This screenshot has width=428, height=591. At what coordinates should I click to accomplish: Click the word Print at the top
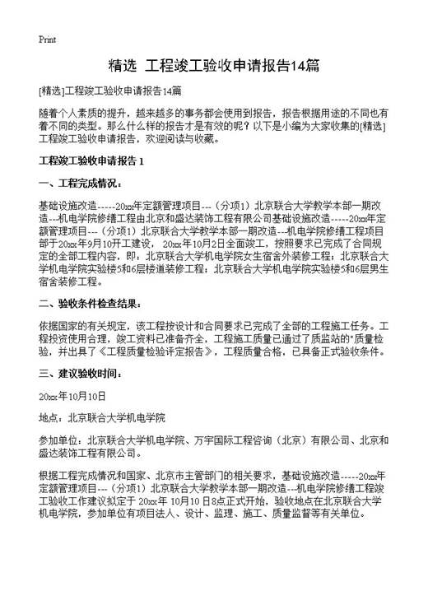48,39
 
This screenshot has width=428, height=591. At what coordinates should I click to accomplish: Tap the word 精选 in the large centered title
124,65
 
